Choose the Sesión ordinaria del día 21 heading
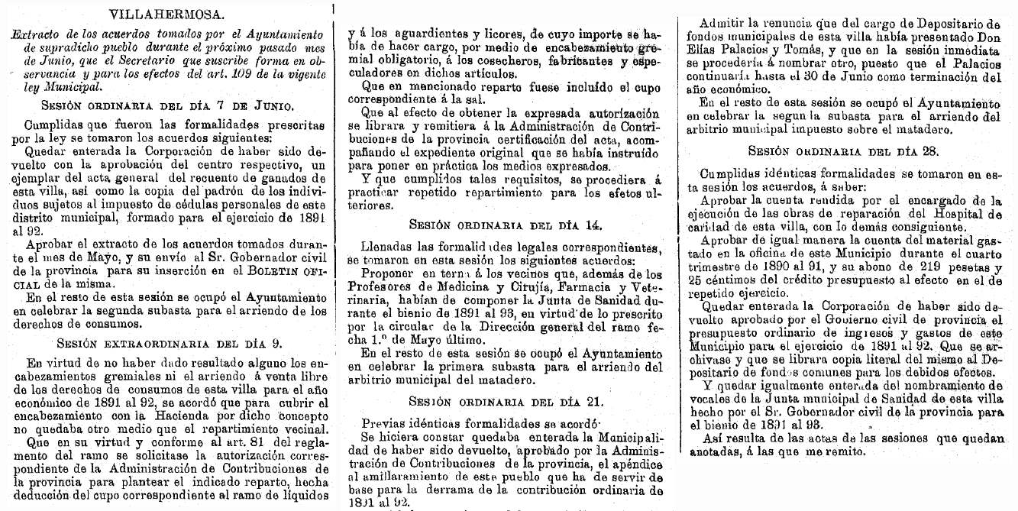point(506,402)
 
